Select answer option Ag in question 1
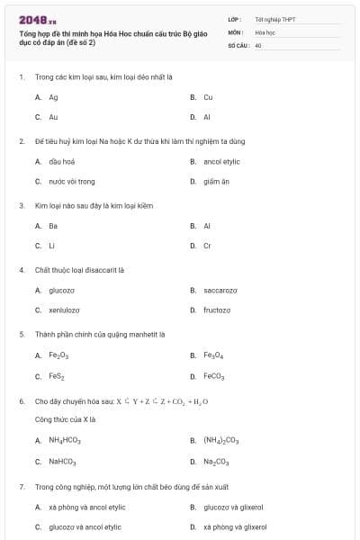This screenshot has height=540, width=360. coord(54,96)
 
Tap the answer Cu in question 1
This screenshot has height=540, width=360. coord(208,96)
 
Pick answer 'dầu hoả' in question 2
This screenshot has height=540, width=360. coord(61,161)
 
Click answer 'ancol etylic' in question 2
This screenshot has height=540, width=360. coord(221,161)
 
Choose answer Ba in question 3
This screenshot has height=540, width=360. coord(53,226)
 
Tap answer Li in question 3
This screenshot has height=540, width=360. coord(52,246)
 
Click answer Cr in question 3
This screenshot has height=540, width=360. coord(207,246)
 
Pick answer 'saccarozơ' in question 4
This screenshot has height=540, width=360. coord(220,290)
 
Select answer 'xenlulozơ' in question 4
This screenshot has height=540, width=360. coord(65,310)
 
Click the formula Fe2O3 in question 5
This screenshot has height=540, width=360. coord(59,355)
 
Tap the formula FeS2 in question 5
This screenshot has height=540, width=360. coord(57,376)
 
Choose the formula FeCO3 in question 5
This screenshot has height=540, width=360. coord(214,376)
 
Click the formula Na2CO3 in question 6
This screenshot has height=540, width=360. coord(216,462)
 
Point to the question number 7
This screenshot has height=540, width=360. coord(21,486)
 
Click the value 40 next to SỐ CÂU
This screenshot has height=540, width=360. coord(258,44)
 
